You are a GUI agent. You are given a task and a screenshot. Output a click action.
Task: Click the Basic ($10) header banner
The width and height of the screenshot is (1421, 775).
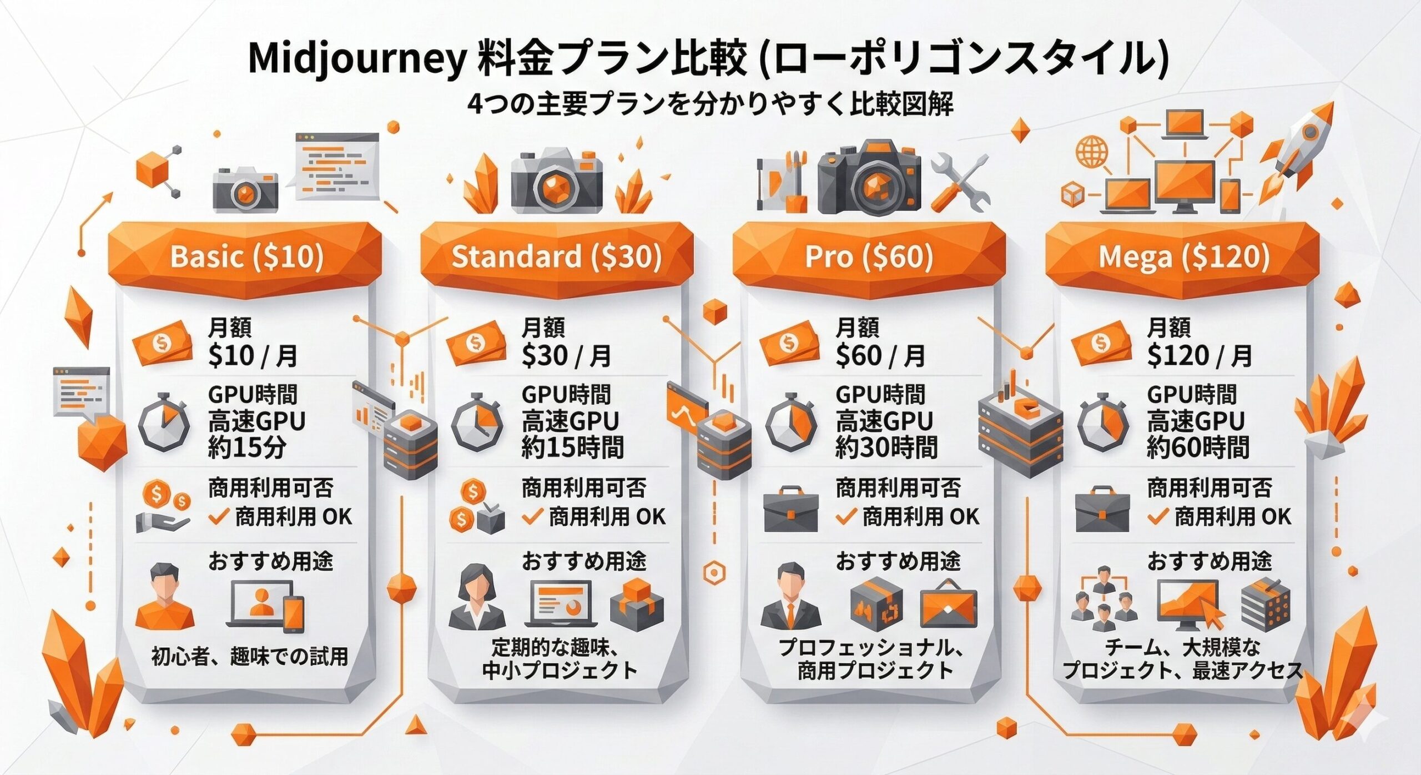click(x=246, y=257)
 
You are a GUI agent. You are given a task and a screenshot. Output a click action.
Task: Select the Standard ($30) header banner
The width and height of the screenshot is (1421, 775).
click(x=556, y=257)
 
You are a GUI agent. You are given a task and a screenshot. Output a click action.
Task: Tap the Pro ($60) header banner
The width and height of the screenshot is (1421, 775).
click(x=869, y=257)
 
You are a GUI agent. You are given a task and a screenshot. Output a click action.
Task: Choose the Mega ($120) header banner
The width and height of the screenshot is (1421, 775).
click(x=1183, y=257)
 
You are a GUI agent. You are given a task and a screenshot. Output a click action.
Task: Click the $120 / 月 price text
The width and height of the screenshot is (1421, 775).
click(x=1198, y=356)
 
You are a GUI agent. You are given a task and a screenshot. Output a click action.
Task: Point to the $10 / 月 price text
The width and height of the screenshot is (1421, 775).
click(x=253, y=356)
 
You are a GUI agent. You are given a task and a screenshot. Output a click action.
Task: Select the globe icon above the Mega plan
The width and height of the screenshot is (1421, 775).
click(x=1091, y=152)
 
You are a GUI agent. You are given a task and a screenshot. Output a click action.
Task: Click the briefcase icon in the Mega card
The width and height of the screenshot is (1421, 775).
click(x=1102, y=510)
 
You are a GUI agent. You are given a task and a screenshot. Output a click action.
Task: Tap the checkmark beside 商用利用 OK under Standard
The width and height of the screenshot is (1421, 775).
click(x=532, y=517)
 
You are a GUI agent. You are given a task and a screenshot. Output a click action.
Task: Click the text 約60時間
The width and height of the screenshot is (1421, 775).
click(x=1198, y=447)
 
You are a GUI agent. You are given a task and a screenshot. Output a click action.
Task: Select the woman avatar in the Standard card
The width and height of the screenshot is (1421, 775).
click(x=477, y=597)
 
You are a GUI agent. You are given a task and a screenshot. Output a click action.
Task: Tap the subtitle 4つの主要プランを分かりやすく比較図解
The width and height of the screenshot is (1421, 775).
click(x=710, y=104)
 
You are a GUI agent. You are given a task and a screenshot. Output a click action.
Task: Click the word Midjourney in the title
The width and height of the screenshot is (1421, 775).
click(x=355, y=59)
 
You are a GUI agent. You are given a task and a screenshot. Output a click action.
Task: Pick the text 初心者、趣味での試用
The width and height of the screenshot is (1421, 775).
click(x=249, y=657)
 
